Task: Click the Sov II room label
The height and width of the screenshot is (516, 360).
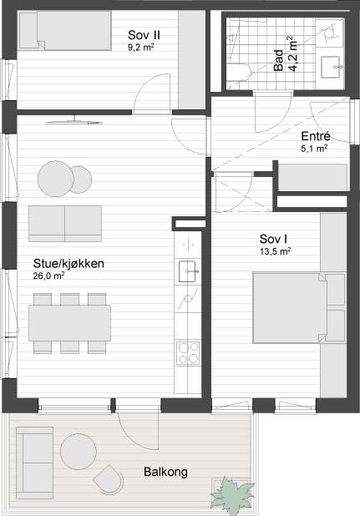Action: pos(145,35)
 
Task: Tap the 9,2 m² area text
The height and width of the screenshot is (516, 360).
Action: pos(141,47)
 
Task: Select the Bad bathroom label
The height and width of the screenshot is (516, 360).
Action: pos(278,60)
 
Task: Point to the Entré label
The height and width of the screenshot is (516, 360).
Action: pos(316,136)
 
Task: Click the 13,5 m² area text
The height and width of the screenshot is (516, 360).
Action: pos(276,252)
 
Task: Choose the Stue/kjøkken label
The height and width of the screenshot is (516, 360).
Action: pos(68,264)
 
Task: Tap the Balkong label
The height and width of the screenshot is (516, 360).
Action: pos(165,472)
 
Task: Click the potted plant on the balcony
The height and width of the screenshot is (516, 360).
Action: pos(232,493)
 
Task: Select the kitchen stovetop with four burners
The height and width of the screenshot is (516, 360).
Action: pos(188,353)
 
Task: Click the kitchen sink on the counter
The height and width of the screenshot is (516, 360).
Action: pos(187,271)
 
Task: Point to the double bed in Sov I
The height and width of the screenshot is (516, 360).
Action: pos(290,308)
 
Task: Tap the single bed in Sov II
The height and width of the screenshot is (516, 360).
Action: pos(65,30)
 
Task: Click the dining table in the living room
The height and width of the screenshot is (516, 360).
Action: pos(70,323)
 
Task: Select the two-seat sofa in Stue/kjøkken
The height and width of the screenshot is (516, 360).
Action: pos(65,224)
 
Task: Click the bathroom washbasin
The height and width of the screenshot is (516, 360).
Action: pos(330,67)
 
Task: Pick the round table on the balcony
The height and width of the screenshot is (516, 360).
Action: pos(79,452)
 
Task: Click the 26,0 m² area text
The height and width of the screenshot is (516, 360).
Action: pos(48,276)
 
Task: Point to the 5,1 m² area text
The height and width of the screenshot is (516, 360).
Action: pos(314,149)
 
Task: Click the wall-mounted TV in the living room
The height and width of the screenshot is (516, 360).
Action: pos(74,122)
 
